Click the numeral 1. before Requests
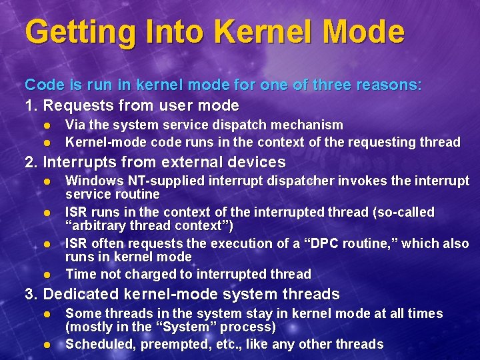(31, 105)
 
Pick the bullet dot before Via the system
(47, 125)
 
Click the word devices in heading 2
(257, 162)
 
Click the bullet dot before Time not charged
(47, 274)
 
